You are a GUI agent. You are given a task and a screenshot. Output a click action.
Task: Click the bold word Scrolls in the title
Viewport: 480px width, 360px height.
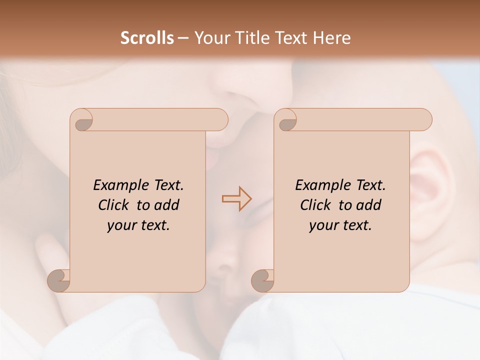147,37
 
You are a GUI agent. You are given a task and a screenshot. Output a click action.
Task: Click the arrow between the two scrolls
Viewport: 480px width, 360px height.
236,198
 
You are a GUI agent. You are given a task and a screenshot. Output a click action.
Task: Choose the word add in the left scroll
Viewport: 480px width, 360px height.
167,205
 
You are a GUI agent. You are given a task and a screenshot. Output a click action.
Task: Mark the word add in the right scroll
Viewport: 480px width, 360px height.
369,205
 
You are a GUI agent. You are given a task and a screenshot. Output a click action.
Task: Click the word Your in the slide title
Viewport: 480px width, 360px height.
208,37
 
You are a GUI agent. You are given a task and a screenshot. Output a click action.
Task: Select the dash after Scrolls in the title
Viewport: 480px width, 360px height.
183,38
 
